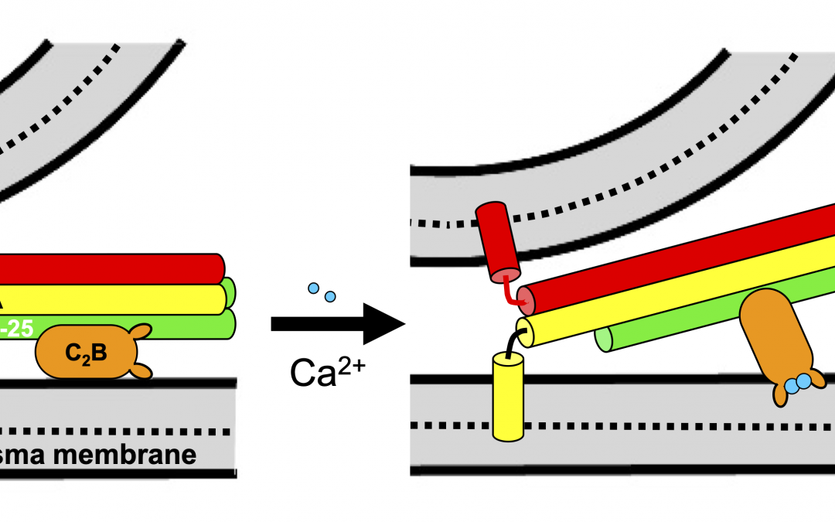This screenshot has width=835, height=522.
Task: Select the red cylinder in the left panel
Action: tap(108, 268)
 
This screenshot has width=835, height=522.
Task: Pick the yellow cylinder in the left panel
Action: tap(108, 298)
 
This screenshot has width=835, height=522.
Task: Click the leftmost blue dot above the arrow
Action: tap(314, 288)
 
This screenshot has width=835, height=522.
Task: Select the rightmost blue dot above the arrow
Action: tap(330, 297)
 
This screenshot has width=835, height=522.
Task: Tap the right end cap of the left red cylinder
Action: tap(220, 268)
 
